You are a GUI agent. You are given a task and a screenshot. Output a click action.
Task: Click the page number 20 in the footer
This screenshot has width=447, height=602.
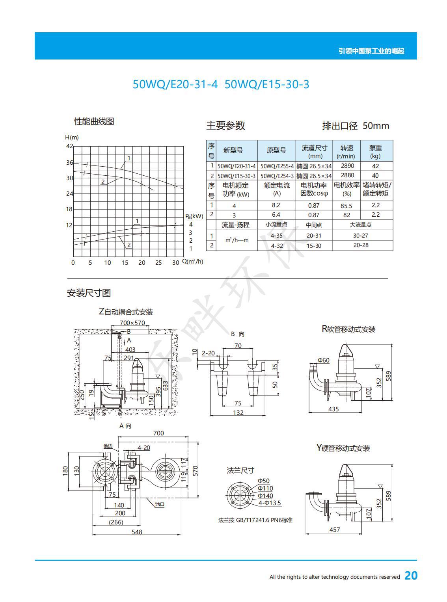pos(411,576)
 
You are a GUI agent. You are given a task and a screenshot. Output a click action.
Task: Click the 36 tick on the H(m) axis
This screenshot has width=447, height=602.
pos(70,163)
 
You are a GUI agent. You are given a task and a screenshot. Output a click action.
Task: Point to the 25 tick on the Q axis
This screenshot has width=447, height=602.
pos(158,263)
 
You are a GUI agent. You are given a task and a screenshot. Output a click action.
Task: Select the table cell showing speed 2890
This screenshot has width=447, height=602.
pos(347,166)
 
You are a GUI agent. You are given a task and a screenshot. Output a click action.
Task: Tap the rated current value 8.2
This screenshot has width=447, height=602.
pos(276,205)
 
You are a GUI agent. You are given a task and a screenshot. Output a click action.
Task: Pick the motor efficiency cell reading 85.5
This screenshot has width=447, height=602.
pos(346,206)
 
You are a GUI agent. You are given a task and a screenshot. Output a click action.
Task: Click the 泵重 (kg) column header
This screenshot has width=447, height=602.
pos(376,152)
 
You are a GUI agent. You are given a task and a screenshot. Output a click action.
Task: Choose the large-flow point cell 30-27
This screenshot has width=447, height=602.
pos(361,236)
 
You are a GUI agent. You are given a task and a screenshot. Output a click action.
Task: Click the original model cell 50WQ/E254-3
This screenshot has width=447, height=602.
pos(277,176)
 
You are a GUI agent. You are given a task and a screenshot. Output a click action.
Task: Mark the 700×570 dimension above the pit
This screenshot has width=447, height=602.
pos(132,323)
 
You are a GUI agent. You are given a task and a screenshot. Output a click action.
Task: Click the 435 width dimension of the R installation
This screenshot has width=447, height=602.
pos(333,409)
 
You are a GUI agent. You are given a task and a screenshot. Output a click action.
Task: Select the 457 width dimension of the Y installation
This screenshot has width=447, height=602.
pos(335,530)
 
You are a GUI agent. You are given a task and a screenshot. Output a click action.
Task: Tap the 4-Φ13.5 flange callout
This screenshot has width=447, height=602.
pos(270,503)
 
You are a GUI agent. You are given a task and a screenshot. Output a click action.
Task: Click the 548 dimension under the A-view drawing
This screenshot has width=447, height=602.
pos(137,532)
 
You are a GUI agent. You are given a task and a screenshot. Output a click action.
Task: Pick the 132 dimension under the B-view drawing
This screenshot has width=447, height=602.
pos(238,413)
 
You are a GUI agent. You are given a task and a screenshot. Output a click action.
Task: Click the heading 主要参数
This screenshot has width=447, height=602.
pos(226,125)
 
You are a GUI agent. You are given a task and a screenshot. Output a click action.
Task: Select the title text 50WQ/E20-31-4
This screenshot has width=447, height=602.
pos(175,84)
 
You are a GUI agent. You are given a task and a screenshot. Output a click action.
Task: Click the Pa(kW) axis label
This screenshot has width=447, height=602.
pos(194,216)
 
